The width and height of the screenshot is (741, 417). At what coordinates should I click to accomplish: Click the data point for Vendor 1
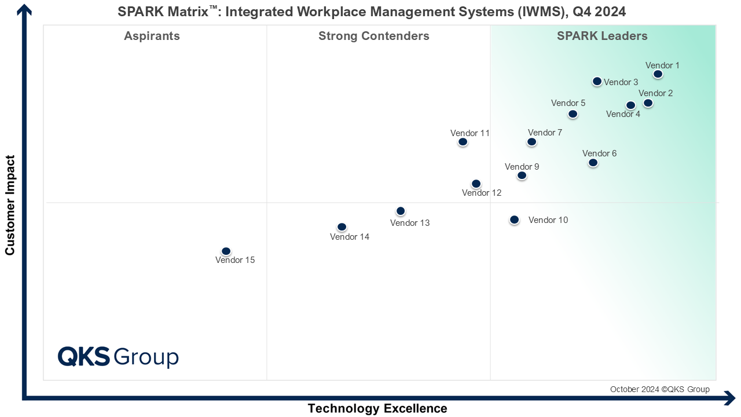pyautogui.click(x=658, y=74)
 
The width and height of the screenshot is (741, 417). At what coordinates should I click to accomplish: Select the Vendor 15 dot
pyautogui.click(x=226, y=251)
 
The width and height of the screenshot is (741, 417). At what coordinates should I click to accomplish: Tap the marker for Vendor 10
pyautogui.click(x=514, y=220)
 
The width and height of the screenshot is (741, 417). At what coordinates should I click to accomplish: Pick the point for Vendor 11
pyautogui.click(x=463, y=142)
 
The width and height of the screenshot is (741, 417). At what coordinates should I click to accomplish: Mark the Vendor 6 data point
pyautogui.click(x=593, y=163)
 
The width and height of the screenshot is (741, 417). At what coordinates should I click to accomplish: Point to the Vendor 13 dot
pyautogui.click(x=401, y=211)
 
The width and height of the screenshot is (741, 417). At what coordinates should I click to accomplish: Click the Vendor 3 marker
pyautogui.click(x=597, y=82)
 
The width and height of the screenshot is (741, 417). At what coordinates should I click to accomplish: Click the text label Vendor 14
pyautogui.click(x=350, y=237)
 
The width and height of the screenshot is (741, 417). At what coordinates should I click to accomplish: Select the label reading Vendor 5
pyautogui.click(x=568, y=103)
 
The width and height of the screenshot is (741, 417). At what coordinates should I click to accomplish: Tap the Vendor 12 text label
pyautogui.click(x=482, y=193)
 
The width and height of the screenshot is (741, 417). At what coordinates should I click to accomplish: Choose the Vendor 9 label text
pyautogui.click(x=522, y=167)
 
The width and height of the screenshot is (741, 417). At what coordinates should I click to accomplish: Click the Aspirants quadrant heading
pyautogui.click(x=152, y=36)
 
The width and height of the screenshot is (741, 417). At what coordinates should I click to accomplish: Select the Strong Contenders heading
pyautogui.click(x=374, y=36)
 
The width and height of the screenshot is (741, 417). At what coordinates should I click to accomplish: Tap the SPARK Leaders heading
pyautogui.click(x=602, y=36)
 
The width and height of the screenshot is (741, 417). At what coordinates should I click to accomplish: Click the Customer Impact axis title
pyautogui.click(x=10, y=204)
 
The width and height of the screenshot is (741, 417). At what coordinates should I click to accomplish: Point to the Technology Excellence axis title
pyautogui.click(x=377, y=408)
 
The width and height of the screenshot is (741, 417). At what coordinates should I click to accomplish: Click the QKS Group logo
pyautogui.click(x=118, y=356)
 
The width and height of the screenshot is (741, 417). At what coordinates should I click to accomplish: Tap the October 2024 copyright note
pyautogui.click(x=659, y=389)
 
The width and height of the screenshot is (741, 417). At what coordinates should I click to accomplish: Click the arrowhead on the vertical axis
pyautogui.click(x=24, y=10)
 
